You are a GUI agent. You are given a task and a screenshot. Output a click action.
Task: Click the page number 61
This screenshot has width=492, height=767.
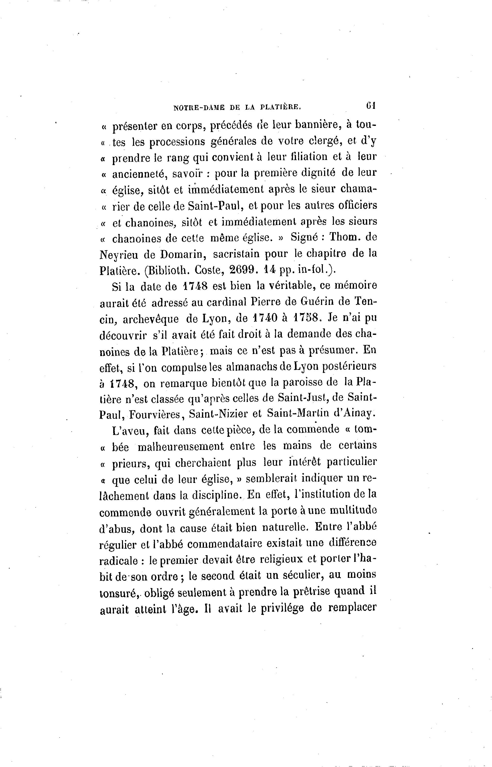(371, 105)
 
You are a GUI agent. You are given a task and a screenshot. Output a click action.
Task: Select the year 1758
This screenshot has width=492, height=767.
(306, 318)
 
